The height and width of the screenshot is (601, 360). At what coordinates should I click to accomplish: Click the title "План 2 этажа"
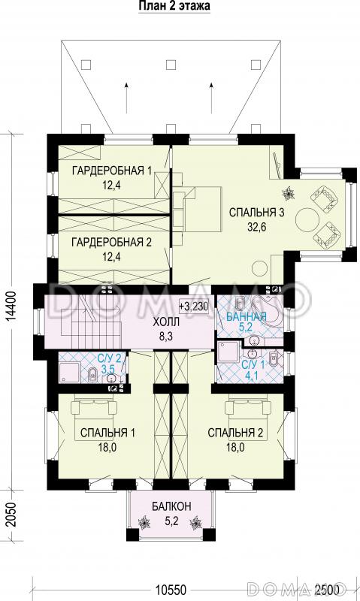[174, 7]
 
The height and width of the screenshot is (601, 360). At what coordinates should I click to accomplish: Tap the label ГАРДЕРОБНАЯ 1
[111, 171]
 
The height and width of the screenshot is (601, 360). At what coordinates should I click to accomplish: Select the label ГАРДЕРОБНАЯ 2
[111, 242]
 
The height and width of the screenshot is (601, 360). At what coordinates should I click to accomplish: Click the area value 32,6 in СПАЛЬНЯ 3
[256, 228]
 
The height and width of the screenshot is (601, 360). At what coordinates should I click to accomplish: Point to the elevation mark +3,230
[194, 307]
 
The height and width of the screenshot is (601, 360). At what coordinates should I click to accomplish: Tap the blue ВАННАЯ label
[246, 317]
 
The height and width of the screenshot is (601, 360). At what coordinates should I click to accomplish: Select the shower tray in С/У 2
[69, 372]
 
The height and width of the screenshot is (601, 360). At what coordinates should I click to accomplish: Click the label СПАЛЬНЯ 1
[107, 433]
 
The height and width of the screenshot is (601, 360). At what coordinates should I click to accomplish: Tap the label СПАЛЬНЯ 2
[235, 433]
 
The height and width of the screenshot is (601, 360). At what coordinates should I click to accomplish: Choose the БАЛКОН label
[171, 506]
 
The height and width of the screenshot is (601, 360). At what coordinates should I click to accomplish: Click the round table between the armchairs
[307, 219]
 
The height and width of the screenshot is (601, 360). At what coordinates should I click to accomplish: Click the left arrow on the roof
[126, 98]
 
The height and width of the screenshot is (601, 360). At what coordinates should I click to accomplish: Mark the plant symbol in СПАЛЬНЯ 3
[288, 194]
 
